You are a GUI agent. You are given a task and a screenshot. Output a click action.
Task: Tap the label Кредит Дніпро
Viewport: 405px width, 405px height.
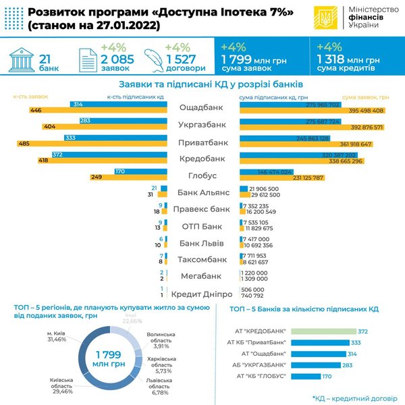[x=202, y=294]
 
